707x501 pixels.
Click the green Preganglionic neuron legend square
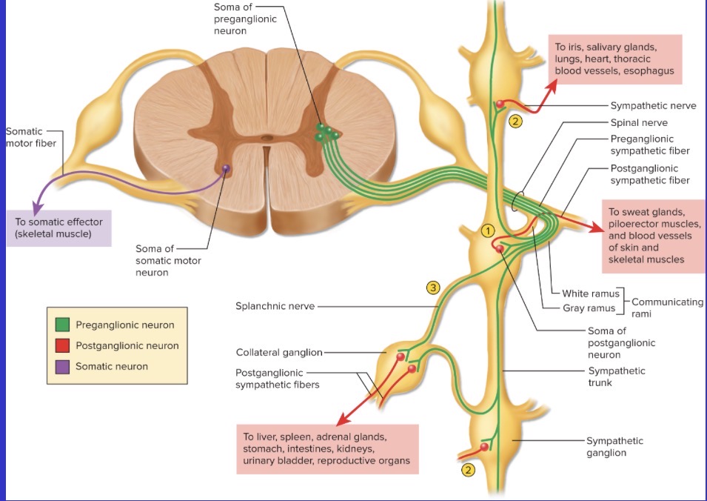(x=62, y=325)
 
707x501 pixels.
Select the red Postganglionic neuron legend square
(x=62, y=345)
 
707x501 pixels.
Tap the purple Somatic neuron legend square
(x=62, y=366)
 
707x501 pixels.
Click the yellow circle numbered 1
(x=487, y=230)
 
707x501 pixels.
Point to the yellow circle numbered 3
(x=433, y=288)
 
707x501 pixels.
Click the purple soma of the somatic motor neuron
(x=226, y=169)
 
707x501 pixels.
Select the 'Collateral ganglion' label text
(x=279, y=352)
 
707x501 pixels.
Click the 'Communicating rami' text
(x=666, y=308)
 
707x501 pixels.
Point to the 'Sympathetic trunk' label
(x=617, y=376)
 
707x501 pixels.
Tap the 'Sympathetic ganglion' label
(x=614, y=446)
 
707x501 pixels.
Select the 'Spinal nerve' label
(x=639, y=122)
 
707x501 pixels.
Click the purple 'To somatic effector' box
(x=58, y=228)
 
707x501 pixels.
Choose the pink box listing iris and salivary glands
(x=614, y=59)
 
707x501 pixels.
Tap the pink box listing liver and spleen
(x=326, y=449)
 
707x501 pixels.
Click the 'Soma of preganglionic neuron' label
(x=240, y=19)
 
